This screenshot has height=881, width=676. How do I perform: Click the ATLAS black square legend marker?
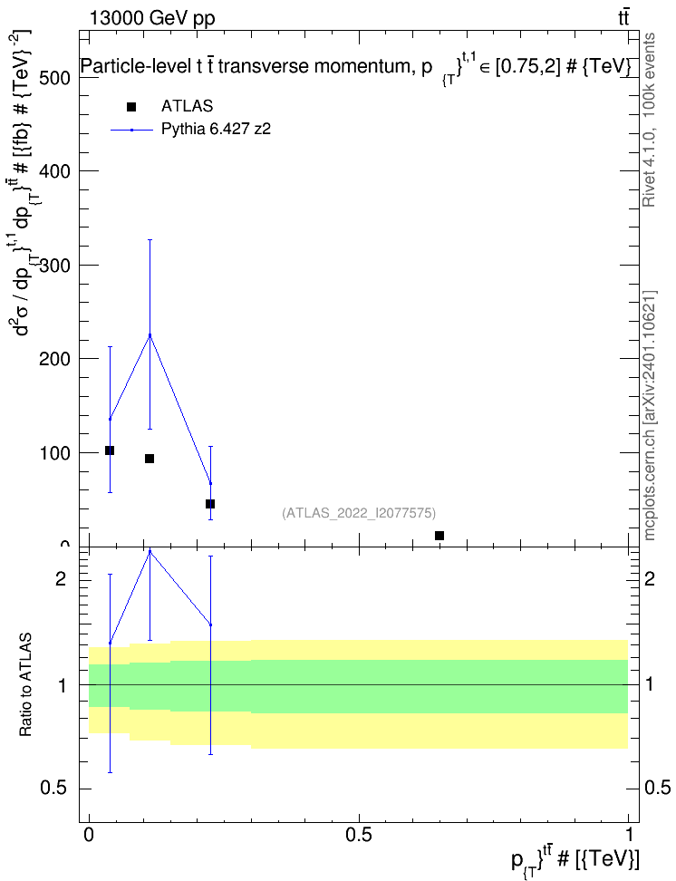point(131,107)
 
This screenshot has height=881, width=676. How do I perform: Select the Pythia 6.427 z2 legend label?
point(216,130)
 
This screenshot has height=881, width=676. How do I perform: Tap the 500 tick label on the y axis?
point(55,78)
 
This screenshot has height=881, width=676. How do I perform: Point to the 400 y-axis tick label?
point(55,171)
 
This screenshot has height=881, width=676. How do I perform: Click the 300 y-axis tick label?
point(55,266)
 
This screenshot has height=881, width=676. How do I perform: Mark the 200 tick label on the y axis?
point(55,359)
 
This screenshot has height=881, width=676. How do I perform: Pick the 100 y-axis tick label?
point(55,453)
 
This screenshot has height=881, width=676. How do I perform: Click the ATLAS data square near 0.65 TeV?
point(439,536)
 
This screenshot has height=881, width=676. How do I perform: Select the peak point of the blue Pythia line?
point(150,335)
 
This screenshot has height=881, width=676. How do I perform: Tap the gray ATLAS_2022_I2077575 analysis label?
point(359,513)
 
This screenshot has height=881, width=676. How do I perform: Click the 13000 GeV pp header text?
point(152,18)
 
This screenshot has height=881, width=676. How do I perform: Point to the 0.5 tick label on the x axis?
point(359,835)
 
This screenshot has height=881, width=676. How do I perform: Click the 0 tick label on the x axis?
point(89,835)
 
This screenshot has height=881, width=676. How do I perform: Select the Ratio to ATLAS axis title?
point(25,685)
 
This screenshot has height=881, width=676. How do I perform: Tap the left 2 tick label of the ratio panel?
point(61,578)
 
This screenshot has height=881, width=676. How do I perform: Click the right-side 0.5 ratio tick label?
point(657,788)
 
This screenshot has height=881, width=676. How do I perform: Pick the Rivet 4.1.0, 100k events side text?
point(650,121)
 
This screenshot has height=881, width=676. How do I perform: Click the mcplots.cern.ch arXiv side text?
point(650,416)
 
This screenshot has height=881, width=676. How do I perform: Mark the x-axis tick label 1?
point(628,835)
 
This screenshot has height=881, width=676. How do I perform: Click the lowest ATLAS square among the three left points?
point(210,503)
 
